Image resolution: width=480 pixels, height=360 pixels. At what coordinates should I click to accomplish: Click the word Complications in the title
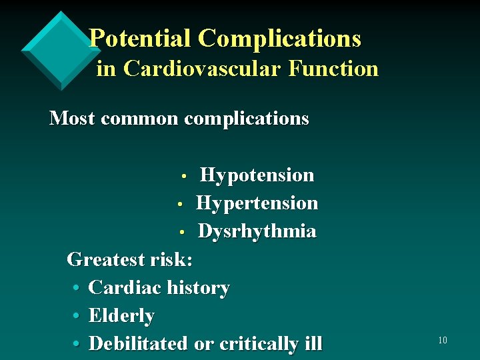click(x=279, y=38)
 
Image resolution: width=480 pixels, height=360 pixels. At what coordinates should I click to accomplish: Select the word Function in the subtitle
click(x=333, y=68)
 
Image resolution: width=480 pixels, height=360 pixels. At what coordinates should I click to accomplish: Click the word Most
click(x=71, y=119)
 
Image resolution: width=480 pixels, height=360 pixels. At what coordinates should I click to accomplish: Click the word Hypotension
click(x=257, y=175)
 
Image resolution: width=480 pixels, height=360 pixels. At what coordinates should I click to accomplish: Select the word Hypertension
click(x=257, y=203)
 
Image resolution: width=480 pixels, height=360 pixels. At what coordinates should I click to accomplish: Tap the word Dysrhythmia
click(x=257, y=231)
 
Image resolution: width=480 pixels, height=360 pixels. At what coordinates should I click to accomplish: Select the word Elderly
click(x=121, y=316)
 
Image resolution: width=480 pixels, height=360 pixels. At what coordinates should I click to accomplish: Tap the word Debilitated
click(x=139, y=344)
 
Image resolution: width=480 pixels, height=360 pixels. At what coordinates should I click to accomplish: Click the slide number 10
click(x=442, y=341)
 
